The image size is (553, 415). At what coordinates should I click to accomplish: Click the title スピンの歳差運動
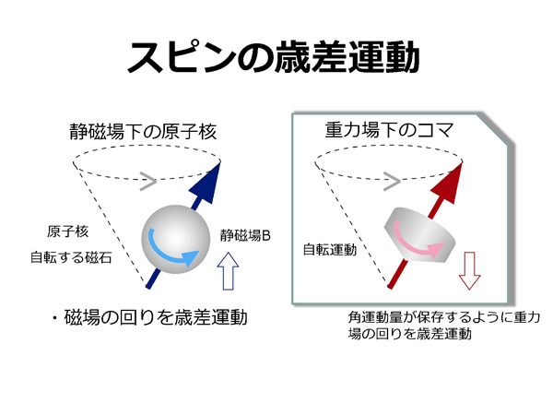[x=273, y=57]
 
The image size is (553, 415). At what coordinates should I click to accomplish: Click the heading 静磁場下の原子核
[x=143, y=132]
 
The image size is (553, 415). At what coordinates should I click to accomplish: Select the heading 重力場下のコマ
[x=389, y=130]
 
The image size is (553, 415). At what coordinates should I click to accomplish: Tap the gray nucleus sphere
[x=176, y=239]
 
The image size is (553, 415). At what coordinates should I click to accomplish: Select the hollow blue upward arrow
[x=228, y=271]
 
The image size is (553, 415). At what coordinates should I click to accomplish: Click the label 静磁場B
[x=245, y=235]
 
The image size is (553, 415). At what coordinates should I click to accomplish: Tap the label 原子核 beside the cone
[x=67, y=231]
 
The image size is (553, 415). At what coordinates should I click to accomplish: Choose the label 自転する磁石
[x=71, y=257]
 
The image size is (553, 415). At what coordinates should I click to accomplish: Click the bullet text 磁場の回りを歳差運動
[x=156, y=317]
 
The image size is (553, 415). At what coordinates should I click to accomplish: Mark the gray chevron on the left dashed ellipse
[x=147, y=182]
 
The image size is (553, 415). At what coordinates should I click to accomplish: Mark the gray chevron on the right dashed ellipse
[x=391, y=182]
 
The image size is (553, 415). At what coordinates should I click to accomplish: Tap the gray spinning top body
[x=419, y=234]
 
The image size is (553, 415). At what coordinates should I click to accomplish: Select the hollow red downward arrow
[x=469, y=270]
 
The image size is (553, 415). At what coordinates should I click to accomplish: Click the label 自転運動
[x=330, y=250]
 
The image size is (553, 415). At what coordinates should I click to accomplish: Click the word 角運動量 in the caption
[x=375, y=317]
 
